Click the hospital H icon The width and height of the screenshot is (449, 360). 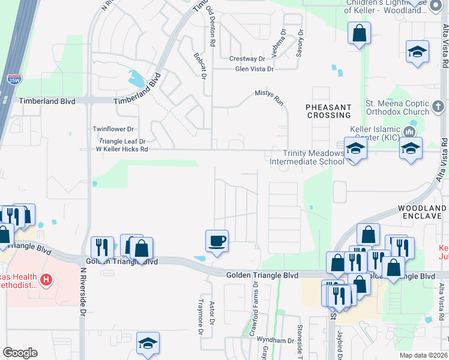[x=46, y=280]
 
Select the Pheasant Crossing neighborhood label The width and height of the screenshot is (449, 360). [x=328, y=112]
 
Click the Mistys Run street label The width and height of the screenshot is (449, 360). [x=268, y=94]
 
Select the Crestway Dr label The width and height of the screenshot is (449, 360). [x=247, y=59]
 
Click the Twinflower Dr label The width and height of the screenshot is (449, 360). [x=113, y=129]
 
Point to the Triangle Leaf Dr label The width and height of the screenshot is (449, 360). [x=122, y=141]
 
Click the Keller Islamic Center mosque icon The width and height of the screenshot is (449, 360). [x=411, y=131]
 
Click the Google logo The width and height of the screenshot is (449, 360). [x=20, y=353]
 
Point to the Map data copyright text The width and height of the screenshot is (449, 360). [x=423, y=355]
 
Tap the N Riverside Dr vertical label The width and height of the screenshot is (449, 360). [x=83, y=292]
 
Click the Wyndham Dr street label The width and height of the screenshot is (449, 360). [x=276, y=340]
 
